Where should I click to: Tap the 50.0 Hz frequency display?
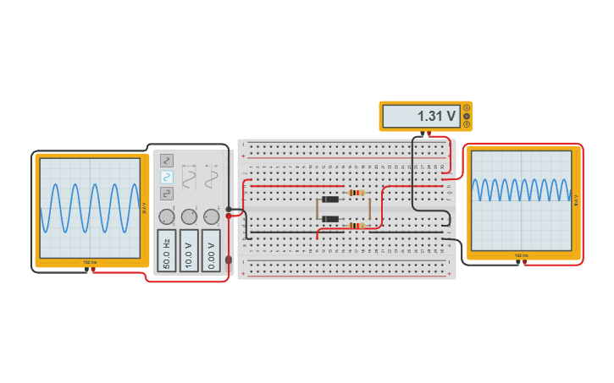coord(166,250)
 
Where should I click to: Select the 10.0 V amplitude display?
coord(189,250)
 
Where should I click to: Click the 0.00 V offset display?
coord(211,250)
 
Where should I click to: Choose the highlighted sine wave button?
coord(167,177)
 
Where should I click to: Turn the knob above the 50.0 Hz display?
coord(167,216)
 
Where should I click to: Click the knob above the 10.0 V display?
coord(189,216)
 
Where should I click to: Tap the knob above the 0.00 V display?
coord(211,216)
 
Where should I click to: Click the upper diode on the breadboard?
coord(329,200)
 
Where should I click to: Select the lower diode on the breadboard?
coord(329,220)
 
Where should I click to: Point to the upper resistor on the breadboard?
coord(357,193)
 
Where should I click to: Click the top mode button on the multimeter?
coord(466,107)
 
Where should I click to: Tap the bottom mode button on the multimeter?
coord(466,124)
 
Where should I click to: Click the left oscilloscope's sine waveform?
coord(89,208)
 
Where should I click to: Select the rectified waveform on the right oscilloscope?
coord(522,189)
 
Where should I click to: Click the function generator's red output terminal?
coord(229,216)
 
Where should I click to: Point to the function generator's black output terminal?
coord(229,209)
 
